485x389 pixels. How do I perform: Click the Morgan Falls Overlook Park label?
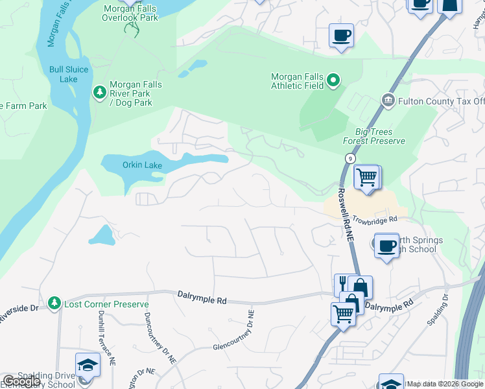coord(130,12)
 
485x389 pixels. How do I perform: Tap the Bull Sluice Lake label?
coord(64,75)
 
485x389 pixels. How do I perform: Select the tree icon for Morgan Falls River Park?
coord(100,93)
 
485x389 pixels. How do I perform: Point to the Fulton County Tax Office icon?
coord(388,100)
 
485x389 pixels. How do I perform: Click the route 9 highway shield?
coord(349,158)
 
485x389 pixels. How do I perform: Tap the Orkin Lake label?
coord(142,165)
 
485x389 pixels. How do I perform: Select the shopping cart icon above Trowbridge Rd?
coord(367,177)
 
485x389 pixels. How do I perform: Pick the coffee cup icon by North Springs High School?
coord(386,246)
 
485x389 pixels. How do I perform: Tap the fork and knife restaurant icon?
coord(342,285)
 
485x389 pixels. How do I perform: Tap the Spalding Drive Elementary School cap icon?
coord(87,365)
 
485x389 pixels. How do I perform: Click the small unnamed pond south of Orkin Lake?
coord(101,235)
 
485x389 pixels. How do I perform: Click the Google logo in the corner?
coord(21,381)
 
